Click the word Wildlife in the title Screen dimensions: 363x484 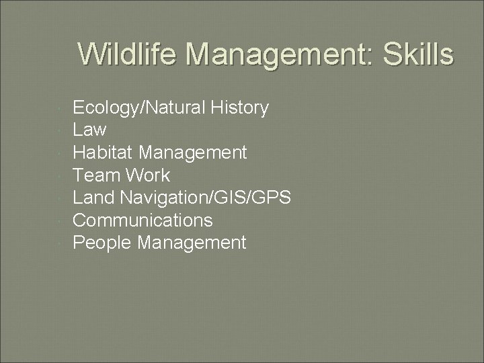(x=128, y=54)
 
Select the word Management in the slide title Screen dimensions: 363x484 (x=272, y=54)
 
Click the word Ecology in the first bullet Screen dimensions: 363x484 (x=100, y=108)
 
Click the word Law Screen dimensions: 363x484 (x=89, y=130)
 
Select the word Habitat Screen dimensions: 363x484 (x=102, y=153)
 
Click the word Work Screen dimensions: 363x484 (x=147, y=175)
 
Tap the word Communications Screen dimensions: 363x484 (x=143, y=220)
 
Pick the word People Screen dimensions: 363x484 (x=102, y=243)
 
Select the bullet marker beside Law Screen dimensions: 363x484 (x=61, y=130)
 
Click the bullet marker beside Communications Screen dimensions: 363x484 (x=61, y=220)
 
